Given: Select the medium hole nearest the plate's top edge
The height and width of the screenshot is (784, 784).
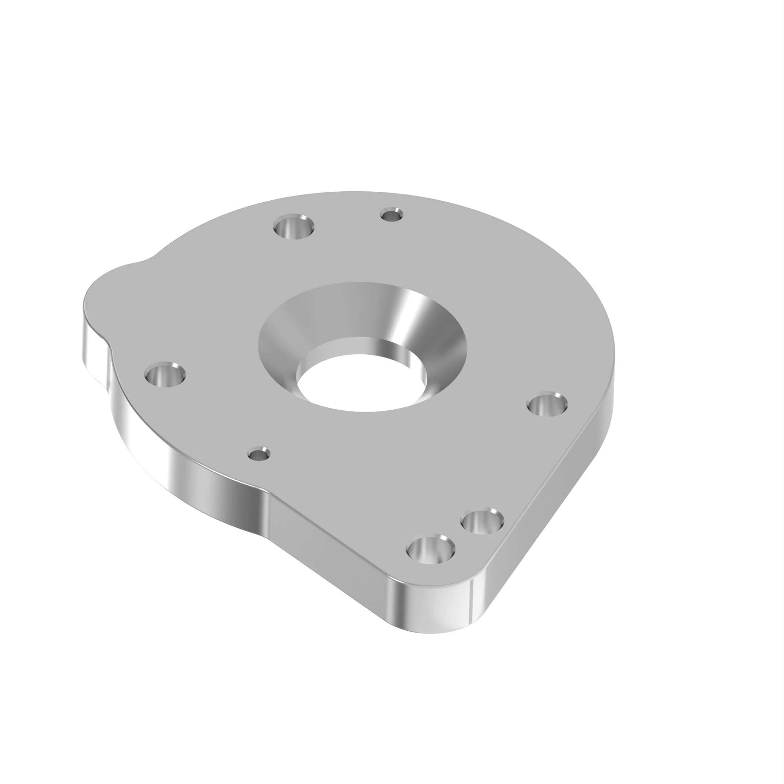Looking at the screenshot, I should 294,228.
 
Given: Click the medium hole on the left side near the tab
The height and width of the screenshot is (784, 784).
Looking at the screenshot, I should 165,374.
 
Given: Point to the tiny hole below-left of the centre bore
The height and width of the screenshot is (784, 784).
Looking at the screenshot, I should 259,454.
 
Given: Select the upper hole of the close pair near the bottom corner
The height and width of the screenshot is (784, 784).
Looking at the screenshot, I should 483,522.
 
